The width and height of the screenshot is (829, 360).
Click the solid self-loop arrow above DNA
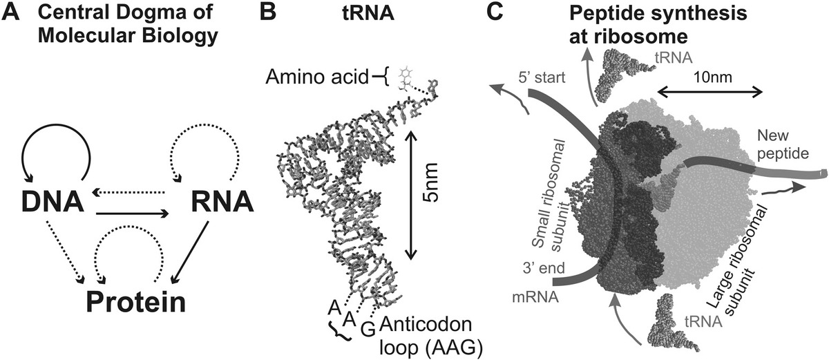pyautogui.click(x=55, y=142)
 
